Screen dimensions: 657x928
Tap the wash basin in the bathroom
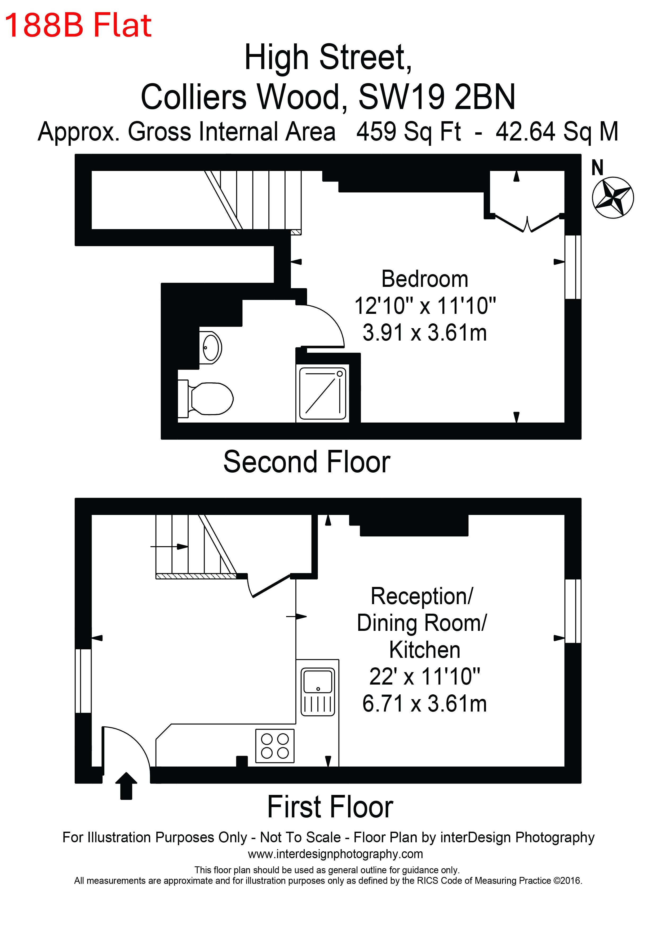point(211,348)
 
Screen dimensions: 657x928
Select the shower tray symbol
point(322,393)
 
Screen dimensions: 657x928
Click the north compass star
point(613,198)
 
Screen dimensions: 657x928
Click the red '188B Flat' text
point(78,25)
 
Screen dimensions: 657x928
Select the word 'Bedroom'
point(425,279)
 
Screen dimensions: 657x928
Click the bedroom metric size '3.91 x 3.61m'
point(425,333)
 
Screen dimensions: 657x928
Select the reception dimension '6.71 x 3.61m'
point(425,703)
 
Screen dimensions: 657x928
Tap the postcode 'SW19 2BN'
point(437,97)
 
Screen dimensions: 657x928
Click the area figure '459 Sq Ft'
point(409,132)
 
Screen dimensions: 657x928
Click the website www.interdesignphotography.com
point(335,854)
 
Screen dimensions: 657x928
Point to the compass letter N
point(598,167)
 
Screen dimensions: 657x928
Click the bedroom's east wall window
point(573,267)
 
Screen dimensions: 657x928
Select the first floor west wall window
point(83,681)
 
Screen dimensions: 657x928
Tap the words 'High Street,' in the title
point(328,57)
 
